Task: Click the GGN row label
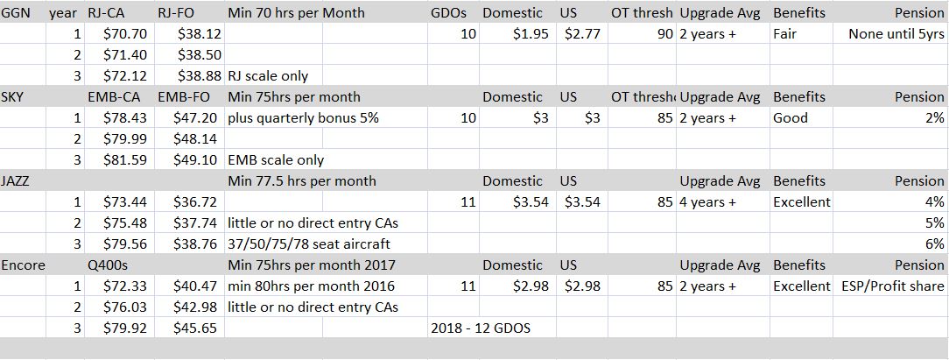pos(16,13)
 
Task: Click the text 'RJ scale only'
pos(268,76)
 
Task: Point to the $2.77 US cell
pos(582,34)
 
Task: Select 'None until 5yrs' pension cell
pos(896,34)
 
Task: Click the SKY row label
pos(13,97)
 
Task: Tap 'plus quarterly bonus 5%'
pos(303,118)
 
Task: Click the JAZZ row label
pos(16,181)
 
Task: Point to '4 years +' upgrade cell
pos(707,202)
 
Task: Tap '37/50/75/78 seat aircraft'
pos(309,244)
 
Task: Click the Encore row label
pos(24,265)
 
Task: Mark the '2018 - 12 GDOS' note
pos(481,328)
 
